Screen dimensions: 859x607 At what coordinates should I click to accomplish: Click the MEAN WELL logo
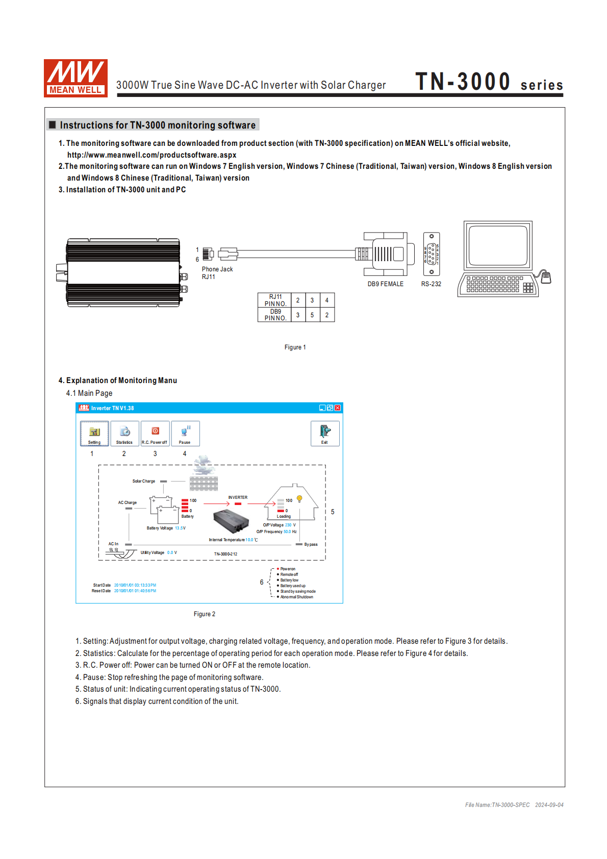click(75, 78)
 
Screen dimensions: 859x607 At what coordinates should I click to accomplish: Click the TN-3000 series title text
click(489, 82)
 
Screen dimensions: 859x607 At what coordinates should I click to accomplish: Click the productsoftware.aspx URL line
click(151, 155)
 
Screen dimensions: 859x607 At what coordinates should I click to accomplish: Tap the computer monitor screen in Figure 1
click(498, 245)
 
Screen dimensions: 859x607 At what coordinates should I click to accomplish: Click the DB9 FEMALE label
click(385, 284)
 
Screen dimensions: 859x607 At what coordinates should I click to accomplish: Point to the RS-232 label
click(431, 284)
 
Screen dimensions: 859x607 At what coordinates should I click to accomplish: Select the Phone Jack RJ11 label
click(217, 273)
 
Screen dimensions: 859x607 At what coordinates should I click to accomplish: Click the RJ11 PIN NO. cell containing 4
click(327, 300)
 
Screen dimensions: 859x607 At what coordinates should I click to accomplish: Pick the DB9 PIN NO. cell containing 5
click(312, 315)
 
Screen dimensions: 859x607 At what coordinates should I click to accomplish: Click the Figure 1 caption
click(295, 347)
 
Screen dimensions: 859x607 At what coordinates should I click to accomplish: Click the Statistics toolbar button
click(124, 434)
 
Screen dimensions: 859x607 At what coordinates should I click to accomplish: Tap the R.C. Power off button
click(155, 434)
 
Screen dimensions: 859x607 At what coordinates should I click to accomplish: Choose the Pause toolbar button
click(185, 434)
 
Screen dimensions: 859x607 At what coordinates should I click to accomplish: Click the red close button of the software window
click(338, 408)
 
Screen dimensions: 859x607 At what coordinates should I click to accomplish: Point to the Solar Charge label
click(143, 481)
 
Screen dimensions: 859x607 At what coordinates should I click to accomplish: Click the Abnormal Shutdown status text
click(296, 597)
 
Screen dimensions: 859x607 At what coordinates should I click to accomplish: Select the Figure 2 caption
click(204, 614)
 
